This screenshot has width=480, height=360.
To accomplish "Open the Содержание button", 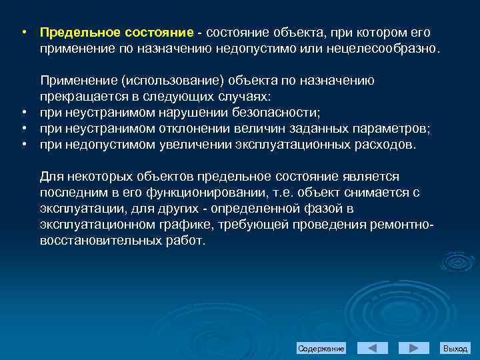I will [x=321, y=349].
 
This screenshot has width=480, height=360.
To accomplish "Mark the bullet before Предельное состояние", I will [x=23, y=33].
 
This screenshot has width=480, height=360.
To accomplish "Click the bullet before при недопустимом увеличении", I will [x=23, y=145].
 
